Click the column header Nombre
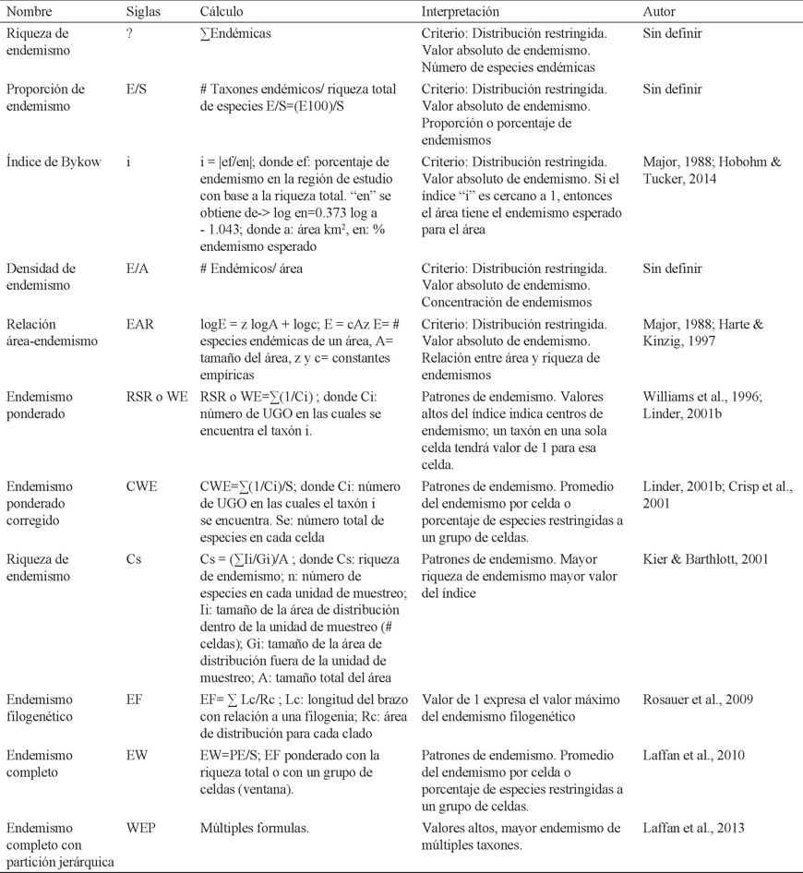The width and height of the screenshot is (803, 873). [30, 12]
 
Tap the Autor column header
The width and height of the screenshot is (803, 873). [659, 12]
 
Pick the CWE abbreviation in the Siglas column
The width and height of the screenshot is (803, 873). [141, 486]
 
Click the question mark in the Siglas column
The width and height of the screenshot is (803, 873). [129, 33]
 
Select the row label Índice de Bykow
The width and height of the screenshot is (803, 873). [46, 161]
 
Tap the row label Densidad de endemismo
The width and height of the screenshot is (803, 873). [42, 277]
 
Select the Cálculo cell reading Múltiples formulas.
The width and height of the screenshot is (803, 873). [254, 828]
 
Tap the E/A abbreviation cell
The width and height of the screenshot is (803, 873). [137, 269]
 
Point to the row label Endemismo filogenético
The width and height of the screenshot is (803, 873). [41, 708]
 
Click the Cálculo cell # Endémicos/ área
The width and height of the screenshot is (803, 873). [250, 269]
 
